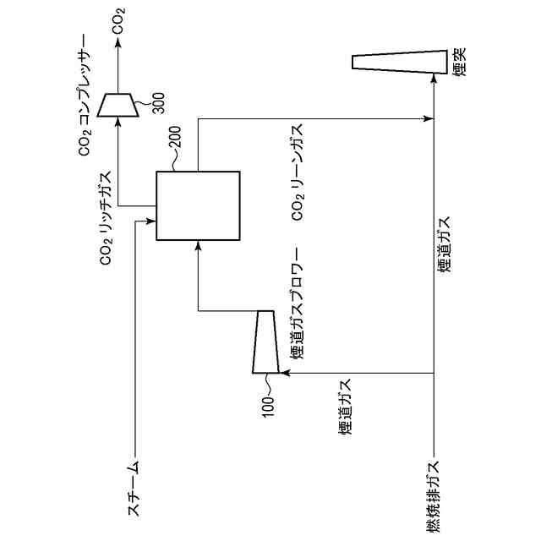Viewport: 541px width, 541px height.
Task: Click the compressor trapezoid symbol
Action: [117, 103]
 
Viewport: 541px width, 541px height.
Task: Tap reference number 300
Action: [159, 100]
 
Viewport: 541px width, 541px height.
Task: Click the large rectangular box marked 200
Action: [198, 206]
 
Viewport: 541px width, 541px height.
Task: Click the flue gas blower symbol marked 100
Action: [265, 341]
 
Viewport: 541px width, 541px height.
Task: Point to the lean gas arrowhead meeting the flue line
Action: [428, 119]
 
